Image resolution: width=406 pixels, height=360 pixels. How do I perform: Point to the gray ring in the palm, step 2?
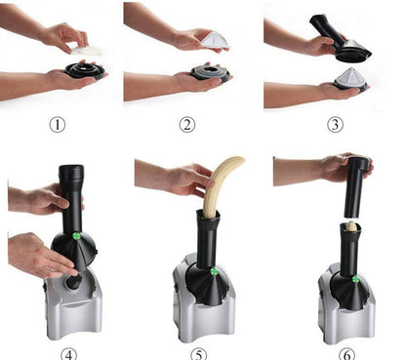click(x=207, y=73)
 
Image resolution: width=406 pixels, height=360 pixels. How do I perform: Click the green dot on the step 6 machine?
click(x=356, y=280)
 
